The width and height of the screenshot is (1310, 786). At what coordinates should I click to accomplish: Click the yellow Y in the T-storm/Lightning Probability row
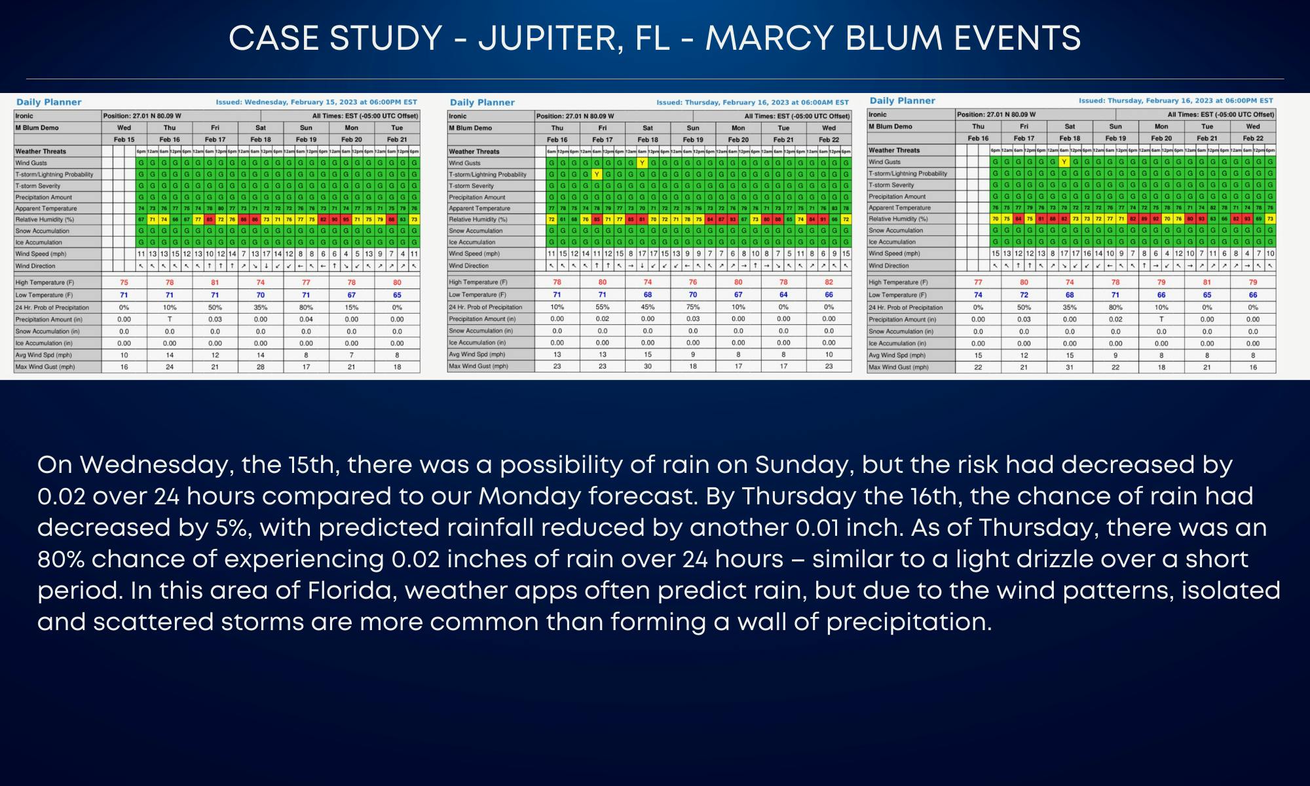[597, 174]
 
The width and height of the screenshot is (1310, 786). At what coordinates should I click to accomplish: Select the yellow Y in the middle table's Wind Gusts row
[642, 163]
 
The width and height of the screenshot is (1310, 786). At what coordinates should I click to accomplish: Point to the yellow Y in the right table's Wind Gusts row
[1064, 162]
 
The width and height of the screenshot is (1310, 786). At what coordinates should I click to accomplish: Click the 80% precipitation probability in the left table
[306, 307]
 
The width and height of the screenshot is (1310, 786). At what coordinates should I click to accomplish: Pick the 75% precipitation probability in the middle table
[693, 307]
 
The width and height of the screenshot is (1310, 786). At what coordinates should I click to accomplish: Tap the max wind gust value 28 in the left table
[261, 367]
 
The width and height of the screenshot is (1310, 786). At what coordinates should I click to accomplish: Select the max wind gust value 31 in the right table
[1070, 367]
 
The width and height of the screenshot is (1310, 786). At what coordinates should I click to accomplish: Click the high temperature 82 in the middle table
[829, 282]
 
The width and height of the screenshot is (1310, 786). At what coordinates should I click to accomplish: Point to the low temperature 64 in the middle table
[783, 295]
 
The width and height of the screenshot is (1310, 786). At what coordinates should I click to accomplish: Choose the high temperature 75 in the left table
[124, 283]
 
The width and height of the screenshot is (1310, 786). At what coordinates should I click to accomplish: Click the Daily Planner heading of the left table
[49, 102]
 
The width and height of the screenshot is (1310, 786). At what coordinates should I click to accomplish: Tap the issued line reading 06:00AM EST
[753, 102]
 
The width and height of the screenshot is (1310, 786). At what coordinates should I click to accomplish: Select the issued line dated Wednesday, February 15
[316, 102]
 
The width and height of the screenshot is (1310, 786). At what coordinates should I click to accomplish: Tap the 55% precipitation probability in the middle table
[602, 307]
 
